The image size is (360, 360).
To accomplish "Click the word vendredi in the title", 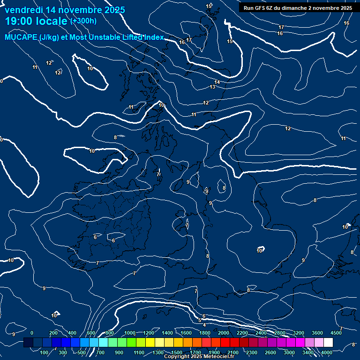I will point(23,10).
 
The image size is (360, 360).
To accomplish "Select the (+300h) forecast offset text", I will point(83,21).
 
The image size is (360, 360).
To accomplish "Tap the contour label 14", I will point(217,82).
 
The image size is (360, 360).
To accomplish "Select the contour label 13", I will point(212,87).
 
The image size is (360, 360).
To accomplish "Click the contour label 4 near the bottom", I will point(204,325).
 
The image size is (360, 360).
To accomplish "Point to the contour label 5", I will point(200,321).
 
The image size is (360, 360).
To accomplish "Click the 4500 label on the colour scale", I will point(336,333).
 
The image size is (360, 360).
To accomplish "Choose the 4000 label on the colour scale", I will point(327,352).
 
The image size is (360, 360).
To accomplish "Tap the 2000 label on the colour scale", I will point(224,333).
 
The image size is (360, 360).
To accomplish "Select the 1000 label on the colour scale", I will point(130,333).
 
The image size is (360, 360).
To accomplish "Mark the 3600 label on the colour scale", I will point(317,333).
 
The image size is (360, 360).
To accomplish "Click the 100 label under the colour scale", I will point(45,352).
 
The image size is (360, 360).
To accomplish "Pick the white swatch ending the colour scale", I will point(328,343).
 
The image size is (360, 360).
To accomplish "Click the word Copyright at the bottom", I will point(177,357).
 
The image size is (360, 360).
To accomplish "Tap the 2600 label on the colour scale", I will point(270,352).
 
